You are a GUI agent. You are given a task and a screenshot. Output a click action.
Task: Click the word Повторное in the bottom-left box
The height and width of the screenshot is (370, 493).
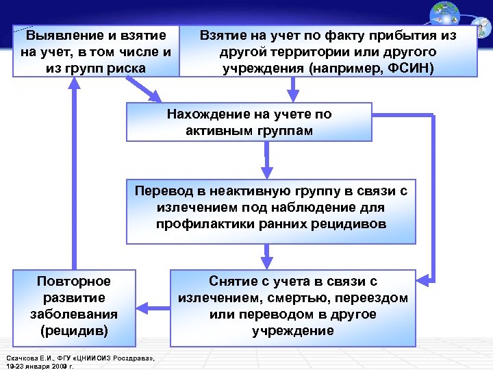click(73, 282)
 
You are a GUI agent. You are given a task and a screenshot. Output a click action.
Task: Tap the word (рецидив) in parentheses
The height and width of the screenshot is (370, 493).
click(73, 331)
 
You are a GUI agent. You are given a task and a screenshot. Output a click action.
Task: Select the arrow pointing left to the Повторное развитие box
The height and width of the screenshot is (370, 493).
click(152, 307)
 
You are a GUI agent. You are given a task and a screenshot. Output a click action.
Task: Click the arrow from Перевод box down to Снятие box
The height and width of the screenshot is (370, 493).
click(267, 256)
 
